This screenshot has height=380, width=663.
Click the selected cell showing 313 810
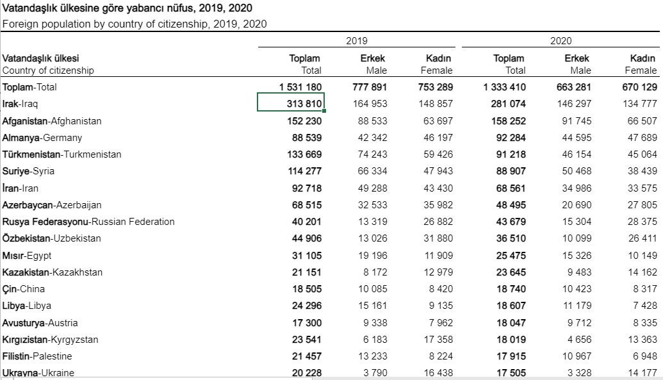(291, 102)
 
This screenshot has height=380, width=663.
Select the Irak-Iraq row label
(20, 104)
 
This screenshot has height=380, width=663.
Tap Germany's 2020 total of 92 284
(511, 138)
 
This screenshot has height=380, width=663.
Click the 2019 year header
(356, 41)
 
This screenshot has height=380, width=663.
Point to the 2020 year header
(561, 41)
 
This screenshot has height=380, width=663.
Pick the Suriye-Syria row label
(28, 171)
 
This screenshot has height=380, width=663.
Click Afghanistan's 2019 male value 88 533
(372, 121)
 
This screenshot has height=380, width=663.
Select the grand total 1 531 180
(300, 87)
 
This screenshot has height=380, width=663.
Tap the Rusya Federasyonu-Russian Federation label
(88, 222)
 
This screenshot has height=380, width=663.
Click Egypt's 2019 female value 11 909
(438, 256)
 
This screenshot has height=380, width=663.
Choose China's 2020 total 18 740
(511, 289)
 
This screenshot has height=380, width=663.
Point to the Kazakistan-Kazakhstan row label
(53, 272)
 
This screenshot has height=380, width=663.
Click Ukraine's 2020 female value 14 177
(643, 373)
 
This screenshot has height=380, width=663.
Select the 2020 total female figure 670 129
(639, 87)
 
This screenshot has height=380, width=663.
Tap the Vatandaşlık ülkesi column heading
(40, 58)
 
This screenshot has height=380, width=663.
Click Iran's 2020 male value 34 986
(577, 188)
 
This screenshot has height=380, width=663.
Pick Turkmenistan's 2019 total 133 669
(304, 154)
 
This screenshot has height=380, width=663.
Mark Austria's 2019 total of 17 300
(307, 323)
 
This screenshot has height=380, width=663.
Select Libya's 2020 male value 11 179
(577, 306)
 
